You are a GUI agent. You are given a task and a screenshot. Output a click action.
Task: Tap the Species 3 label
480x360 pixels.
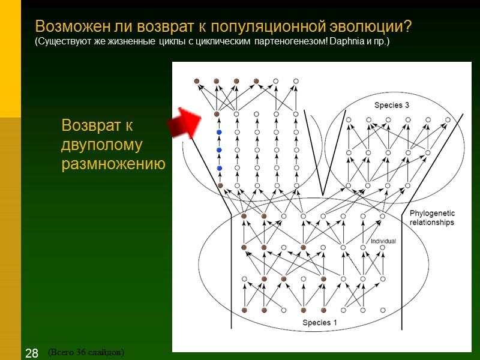coord(392,105)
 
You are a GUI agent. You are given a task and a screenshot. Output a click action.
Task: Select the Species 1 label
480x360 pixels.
coord(319,323)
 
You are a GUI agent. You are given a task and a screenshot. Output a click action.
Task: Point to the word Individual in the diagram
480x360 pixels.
coord(383,241)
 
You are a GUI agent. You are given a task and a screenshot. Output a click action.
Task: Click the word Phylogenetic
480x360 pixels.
coord(432,214)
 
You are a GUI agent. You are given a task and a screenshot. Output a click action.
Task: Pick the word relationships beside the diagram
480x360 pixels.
coord(431,223)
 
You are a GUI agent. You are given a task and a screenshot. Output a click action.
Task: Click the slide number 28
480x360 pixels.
coord(32,353)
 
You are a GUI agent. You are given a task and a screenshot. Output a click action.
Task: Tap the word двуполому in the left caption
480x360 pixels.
coord(101,145)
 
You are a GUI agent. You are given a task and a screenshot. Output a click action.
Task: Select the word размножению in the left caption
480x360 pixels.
coord(113,164)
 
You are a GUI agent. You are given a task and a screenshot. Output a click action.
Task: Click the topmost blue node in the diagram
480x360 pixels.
coord(219,132)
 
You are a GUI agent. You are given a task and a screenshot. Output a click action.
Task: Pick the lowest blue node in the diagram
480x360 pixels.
coord(219,168)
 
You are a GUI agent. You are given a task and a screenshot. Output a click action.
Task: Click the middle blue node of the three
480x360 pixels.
coord(219,150)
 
